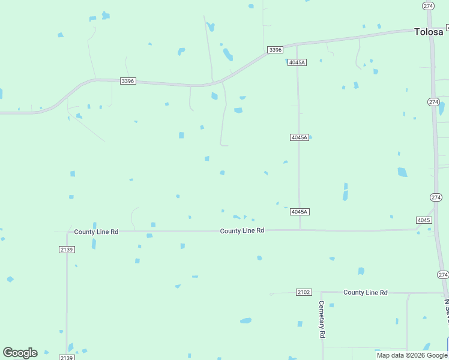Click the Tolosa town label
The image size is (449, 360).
tap(429, 32)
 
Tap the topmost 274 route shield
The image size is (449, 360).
tap(428, 6)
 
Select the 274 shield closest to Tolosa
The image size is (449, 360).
tap(434, 102)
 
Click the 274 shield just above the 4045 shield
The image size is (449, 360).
tap(436, 197)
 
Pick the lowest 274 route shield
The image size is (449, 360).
tap(443, 275)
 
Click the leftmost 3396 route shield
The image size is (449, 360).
tap(127, 81)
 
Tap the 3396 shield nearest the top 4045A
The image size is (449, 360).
tap(275, 50)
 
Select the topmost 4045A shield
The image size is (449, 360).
tap(297, 62)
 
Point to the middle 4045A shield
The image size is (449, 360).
tap(299, 137)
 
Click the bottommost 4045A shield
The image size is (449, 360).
tap(299, 212)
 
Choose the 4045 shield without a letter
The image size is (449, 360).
tap(424, 220)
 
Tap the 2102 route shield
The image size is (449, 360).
tap(304, 292)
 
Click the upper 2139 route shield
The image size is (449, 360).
tap(67, 250)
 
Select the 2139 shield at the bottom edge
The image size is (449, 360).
tap(67, 358)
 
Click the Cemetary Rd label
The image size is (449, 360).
tap(322, 319)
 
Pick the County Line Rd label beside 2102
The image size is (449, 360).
tap(366, 293)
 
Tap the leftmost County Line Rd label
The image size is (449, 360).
tap(96, 232)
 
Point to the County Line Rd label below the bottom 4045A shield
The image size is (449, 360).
tap(242, 231)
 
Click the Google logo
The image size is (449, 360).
tap(20, 353)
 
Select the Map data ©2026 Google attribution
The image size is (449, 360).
tap(412, 355)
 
